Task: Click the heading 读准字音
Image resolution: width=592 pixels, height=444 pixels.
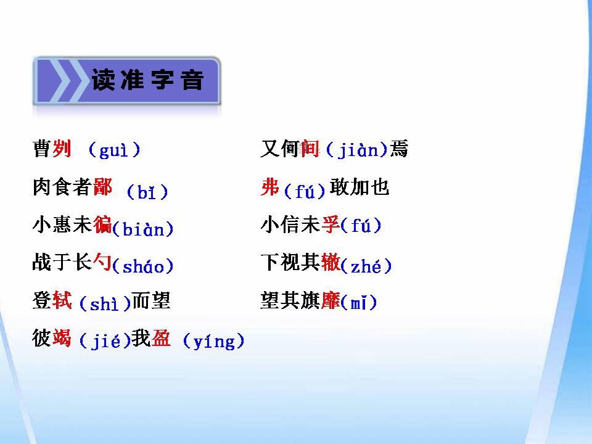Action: pos(147,81)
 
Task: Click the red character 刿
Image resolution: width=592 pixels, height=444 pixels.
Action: pos(62,149)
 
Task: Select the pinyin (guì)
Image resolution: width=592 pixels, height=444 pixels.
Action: pos(114,150)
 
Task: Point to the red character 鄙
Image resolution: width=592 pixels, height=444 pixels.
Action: pos(102,187)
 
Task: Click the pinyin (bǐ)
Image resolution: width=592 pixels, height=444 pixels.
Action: pos(147,192)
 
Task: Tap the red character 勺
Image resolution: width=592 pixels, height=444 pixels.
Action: pos(102,263)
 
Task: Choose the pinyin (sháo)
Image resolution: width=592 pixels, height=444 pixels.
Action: pos(144,266)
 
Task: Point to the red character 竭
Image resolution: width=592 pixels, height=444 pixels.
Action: pos(62,339)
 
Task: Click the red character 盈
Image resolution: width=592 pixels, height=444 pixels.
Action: pos(161,339)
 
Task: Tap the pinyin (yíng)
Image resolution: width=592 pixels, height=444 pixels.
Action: pos(214,341)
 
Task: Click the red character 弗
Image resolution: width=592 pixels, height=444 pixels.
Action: pos(270,187)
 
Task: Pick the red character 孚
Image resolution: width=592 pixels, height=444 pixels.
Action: pos(331,225)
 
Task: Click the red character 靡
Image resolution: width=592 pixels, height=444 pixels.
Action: pos(331,302)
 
